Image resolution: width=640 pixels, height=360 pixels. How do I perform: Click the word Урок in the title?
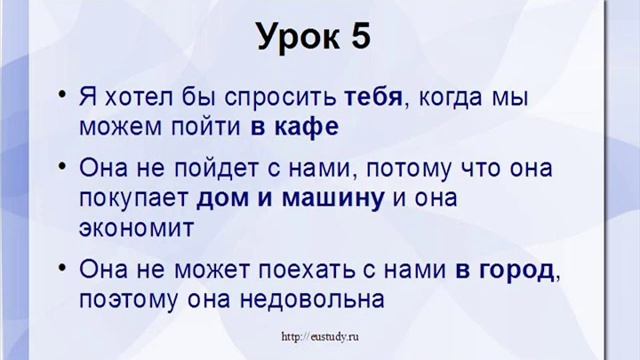point(298,37)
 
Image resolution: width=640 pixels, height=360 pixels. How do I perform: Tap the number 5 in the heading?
point(359,37)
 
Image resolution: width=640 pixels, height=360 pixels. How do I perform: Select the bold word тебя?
point(373,99)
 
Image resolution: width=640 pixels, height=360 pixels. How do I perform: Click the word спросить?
point(278,99)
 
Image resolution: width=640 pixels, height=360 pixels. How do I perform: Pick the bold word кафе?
point(311,128)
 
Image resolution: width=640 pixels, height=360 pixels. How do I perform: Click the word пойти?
point(226,128)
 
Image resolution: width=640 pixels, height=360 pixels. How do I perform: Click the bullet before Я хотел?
point(62,99)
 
